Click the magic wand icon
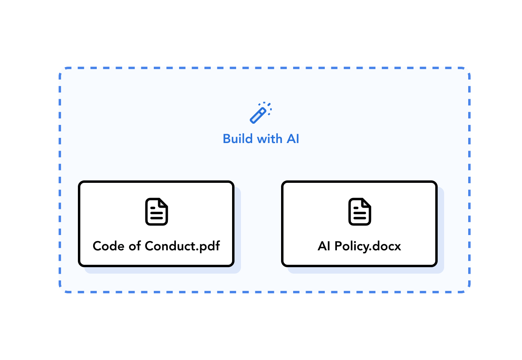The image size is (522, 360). [x=261, y=113]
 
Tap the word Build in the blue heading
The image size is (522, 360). [x=238, y=139]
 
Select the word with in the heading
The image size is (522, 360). [x=269, y=139]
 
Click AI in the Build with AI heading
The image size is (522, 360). [x=293, y=139]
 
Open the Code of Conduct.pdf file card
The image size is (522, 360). [x=156, y=224]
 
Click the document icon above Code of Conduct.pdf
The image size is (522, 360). [x=157, y=212]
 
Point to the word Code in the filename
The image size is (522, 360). [x=108, y=246]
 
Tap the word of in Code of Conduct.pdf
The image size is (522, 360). [x=135, y=246]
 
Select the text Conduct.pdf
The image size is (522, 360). [x=182, y=246]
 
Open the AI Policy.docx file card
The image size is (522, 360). [x=359, y=224]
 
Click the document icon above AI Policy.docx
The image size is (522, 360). [x=360, y=212]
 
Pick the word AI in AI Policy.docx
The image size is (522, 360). [x=324, y=246]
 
